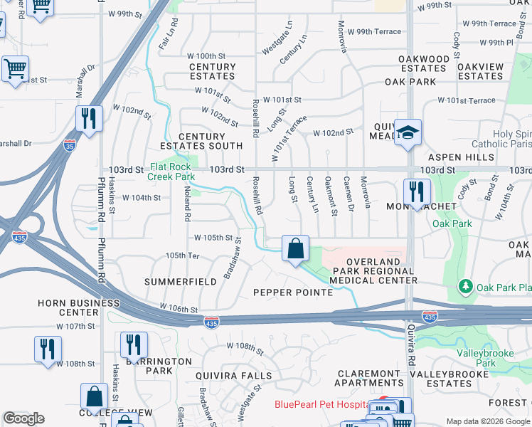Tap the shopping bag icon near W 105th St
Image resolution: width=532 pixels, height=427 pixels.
click(x=296, y=249)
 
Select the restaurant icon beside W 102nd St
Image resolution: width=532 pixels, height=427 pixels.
click(x=89, y=119)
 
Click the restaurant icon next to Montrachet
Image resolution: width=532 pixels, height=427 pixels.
click(x=417, y=192)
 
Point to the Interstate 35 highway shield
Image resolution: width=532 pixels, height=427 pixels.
click(x=70, y=144)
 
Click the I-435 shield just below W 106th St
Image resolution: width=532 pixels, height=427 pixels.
click(x=211, y=322)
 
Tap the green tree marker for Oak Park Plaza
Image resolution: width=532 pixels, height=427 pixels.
click(x=466, y=286)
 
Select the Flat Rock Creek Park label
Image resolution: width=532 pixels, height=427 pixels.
click(x=171, y=171)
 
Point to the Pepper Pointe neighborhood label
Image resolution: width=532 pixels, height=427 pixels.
click(x=293, y=292)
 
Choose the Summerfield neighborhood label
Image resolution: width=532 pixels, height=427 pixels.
click(x=181, y=282)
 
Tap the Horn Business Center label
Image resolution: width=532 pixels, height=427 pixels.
click(x=79, y=307)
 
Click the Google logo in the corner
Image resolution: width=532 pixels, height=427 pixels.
click(x=24, y=418)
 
